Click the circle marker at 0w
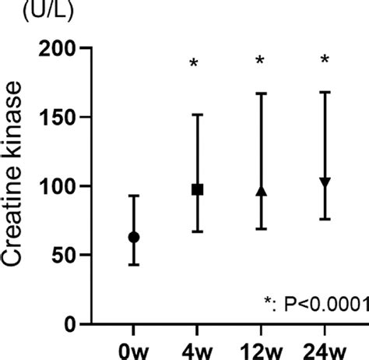[x=134, y=237]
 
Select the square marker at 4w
[x=198, y=189]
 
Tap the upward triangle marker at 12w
[x=262, y=191]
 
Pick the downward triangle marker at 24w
[x=325, y=182]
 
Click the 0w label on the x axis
[x=133, y=348]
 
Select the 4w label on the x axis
[x=198, y=348]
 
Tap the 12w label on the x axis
[x=262, y=348]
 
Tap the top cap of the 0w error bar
[x=134, y=196]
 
